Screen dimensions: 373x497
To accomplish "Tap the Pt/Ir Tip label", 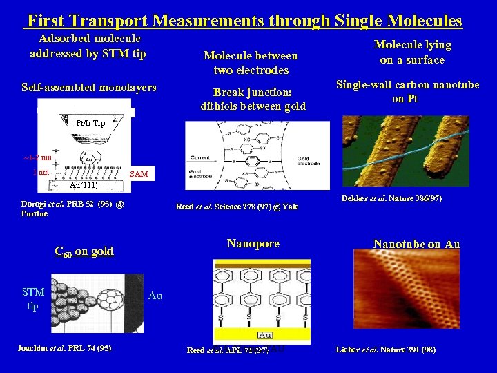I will click(x=90, y=123).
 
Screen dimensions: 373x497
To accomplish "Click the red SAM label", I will click(x=139, y=174).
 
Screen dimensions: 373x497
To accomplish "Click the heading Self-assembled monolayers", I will click(x=89, y=88).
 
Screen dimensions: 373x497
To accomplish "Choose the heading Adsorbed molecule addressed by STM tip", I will click(x=88, y=46).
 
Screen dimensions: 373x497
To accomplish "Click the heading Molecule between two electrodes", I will click(x=251, y=63).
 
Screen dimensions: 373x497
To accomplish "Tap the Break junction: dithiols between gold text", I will click(x=253, y=99).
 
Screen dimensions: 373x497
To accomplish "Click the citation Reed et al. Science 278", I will click(x=237, y=207).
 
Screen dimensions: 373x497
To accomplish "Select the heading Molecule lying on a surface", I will click(x=412, y=52).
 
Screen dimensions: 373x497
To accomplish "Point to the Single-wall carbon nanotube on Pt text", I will click(x=407, y=92).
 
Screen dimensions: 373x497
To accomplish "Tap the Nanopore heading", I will click(x=253, y=243).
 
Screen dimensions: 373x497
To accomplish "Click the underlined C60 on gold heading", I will click(x=84, y=251).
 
